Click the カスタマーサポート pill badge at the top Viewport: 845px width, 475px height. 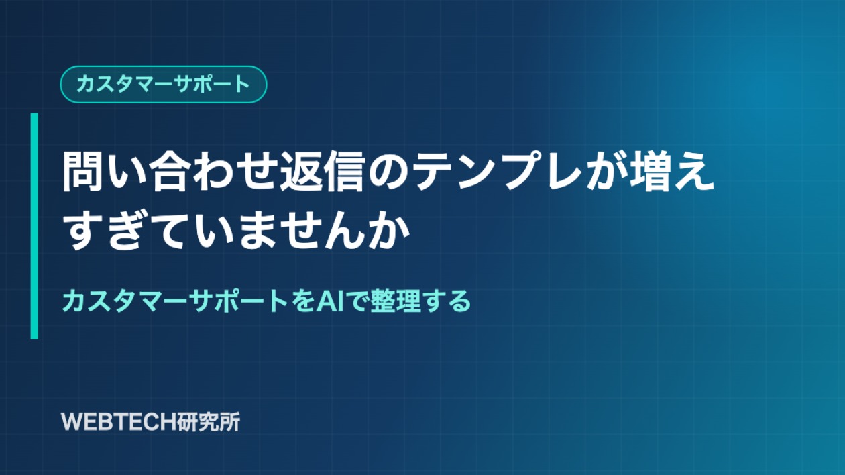point(164,85)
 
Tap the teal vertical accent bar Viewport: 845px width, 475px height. point(34,226)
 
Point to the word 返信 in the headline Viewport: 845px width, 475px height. point(322,172)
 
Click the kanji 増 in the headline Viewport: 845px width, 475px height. point(651,172)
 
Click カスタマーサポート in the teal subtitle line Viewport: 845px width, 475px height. point(176,301)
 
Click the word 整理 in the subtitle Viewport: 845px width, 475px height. point(396,301)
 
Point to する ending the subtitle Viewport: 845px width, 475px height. point(447,301)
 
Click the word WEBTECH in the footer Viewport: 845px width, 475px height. point(114,422)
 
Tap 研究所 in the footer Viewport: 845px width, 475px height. point(204,422)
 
